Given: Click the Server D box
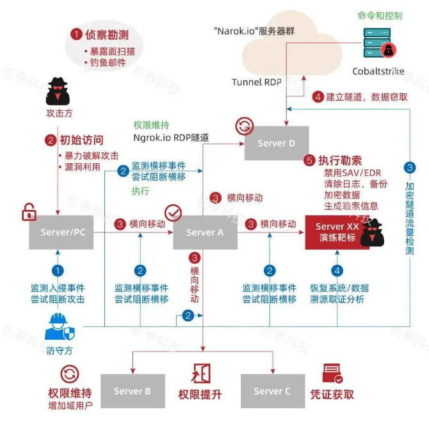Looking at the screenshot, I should coord(277,143).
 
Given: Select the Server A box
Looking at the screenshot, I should coord(205,232).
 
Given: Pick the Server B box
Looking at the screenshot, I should coord(132,391).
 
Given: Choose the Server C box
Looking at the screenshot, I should coord(272,391).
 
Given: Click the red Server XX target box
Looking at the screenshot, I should coord(338,232).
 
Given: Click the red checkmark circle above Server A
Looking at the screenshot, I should coord(174,212).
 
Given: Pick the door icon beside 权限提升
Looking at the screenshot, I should coord(200,373).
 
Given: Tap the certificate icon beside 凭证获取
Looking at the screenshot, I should coord(331,373).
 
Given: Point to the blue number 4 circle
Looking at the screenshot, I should coord(337,271).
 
